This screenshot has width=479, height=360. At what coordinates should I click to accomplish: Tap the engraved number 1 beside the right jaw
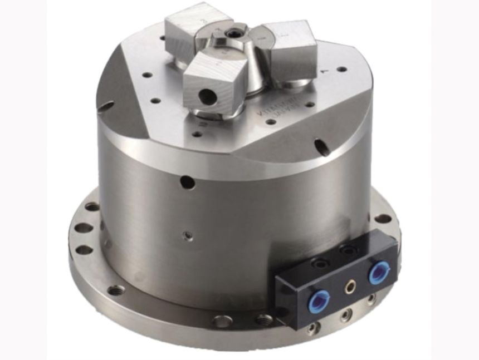click(324, 72)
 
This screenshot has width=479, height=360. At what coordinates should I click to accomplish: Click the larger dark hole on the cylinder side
click(187, 181)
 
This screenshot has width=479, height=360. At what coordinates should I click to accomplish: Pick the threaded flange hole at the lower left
click(116, 290)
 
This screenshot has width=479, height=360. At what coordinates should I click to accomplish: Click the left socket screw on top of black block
click(320, 262)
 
